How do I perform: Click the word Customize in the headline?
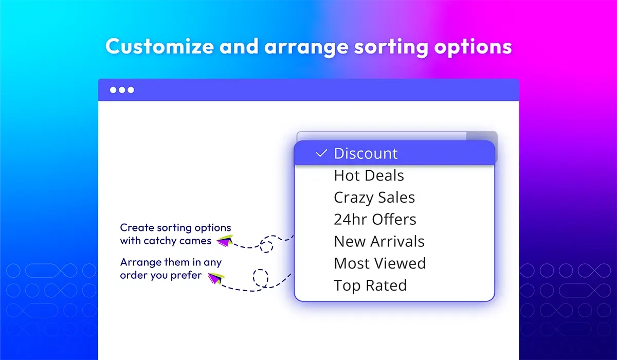coord(159,46)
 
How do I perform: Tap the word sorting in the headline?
coord(391,47)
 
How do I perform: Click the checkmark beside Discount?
coord(321,153)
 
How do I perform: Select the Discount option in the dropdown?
coord(366,153)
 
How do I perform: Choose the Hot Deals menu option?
coord(369,175)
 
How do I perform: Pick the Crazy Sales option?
coord(374,198)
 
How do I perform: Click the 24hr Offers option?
coord(375,220)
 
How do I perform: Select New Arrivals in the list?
coord(379,242)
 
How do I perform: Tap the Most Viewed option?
coord(380,263)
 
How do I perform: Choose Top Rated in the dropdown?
coord(370,285)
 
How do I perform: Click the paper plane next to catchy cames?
coord(225,241)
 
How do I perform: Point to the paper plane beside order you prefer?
coord(216,278)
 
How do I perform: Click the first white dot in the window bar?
coord(113,90)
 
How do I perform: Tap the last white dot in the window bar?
coord(131,90)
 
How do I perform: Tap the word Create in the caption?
coord(137,228)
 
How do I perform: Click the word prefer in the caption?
coord(186,276)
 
